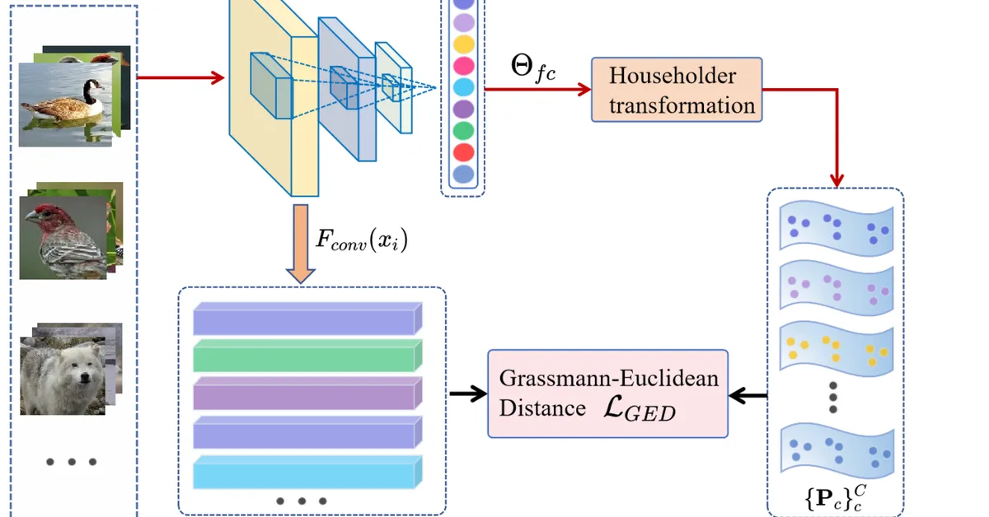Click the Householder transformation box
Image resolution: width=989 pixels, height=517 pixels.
(x=676, y=90)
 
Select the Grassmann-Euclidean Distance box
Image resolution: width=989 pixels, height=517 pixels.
(x=608, y=394)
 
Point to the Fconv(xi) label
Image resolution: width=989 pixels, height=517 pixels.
(x=362, y=240)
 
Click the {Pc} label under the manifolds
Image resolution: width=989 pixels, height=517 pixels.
(x=833, y=496)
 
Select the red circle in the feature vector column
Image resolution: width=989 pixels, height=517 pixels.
(x=464, y=152)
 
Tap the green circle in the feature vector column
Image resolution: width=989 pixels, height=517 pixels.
(x=464, y=130)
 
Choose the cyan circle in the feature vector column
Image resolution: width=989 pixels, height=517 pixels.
(x=464, y=86)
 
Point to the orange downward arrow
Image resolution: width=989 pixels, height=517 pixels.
(x=300, y=247)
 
